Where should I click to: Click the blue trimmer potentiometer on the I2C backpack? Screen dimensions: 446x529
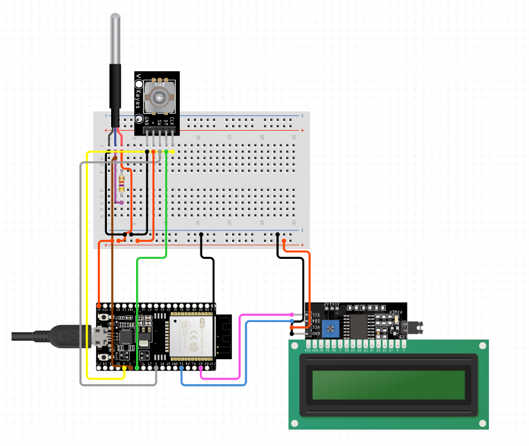pyautogui.click(x=330, y=328)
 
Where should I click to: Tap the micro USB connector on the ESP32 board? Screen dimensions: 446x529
pyautogui.click(x=100, y=336)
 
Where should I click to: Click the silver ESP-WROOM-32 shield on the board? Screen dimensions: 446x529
pyautogui.click(x=192, y=338)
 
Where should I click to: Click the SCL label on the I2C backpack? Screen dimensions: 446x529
pyautogui.click(x=316, y=314)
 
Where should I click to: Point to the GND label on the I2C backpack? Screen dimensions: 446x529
pyautogui.click(x=316, y=334)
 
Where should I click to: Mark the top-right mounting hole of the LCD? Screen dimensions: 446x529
pyautogui.click(x=482, y=346)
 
